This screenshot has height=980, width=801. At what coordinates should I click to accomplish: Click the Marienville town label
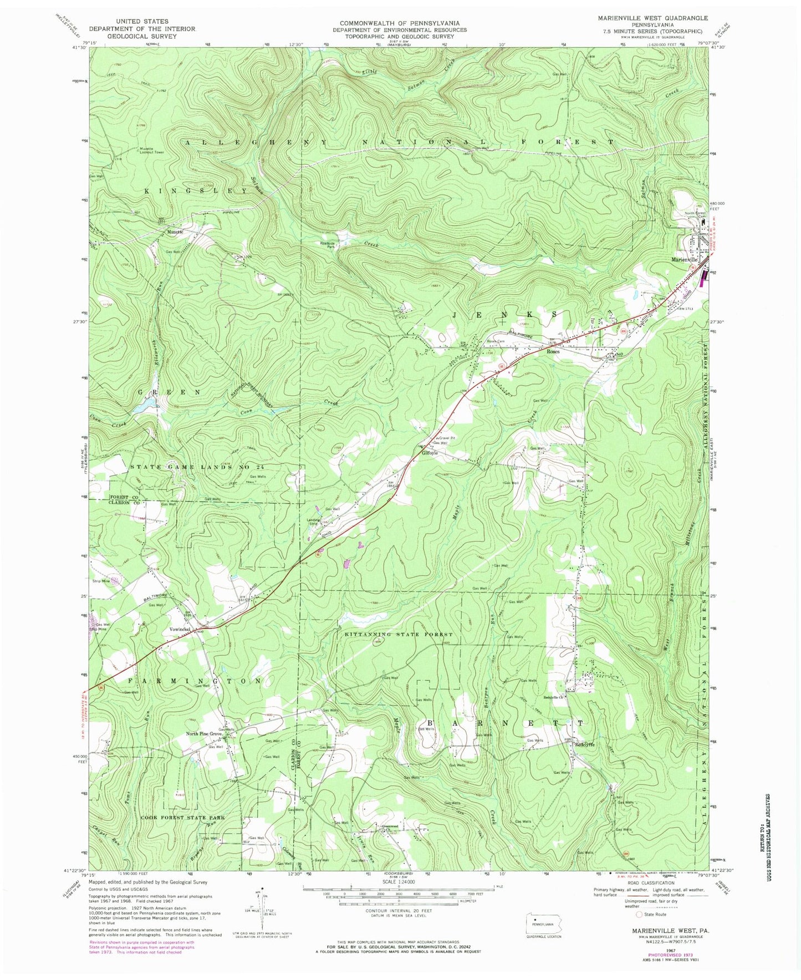click(685, 259)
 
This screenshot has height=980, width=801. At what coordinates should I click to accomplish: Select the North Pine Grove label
click(204, 734)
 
